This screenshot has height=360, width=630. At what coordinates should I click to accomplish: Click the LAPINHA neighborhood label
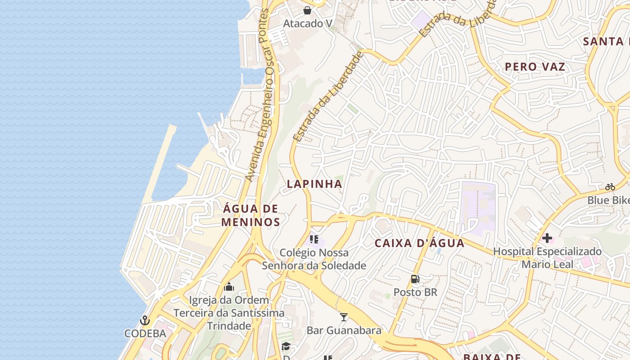pyautogui.click(x=315, y=184)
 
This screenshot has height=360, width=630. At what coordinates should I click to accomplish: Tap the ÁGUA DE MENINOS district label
pyautogui.click(x=251, y=215)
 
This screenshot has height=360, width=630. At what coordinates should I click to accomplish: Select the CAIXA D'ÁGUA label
pyautogui.click(x=419, y=243)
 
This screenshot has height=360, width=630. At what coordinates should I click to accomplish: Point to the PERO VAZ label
pyautogui.click(x=535, y=67)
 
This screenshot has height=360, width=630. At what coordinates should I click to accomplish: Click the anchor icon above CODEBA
pyautogui.click(x=145, y=320)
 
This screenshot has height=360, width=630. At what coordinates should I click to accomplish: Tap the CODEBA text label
pyautogui.click(x=145, y=333)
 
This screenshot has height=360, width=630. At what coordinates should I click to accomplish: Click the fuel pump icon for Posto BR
pyautogui.click(x=415, y=279)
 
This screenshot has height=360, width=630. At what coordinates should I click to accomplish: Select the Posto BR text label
pyautogui.click(x=415, y=292)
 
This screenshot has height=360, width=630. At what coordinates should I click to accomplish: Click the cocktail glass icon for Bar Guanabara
pyautogui.click(x=344, y=317)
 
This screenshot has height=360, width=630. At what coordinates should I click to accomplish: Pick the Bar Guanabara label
pyautogui.click(x=344, y=330)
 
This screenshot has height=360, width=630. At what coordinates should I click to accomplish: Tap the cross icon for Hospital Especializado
pyautogui.click(x=547, y=238)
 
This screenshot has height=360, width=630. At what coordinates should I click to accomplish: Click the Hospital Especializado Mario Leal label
pyautogui.click(x=547, y=257)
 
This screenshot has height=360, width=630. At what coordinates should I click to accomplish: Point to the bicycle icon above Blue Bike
pyautogui.click(x=610, y=187)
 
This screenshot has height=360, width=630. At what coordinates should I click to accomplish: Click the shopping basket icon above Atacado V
pyautogui.click(x=307, y=10)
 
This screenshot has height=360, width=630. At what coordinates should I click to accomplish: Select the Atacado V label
pyautogui.click(x=307, y=23)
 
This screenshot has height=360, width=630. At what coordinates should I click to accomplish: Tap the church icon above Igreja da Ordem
pyautogui.click(x=229, y=287)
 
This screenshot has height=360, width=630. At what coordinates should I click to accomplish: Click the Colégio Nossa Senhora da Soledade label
pyautogui.click(x=314, y=259)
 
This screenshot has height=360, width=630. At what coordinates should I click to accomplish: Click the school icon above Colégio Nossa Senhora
pyautogui.click(x=314, y=239)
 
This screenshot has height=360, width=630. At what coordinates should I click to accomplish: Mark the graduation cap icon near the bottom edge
pyautogui.click(x=286, y=346)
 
